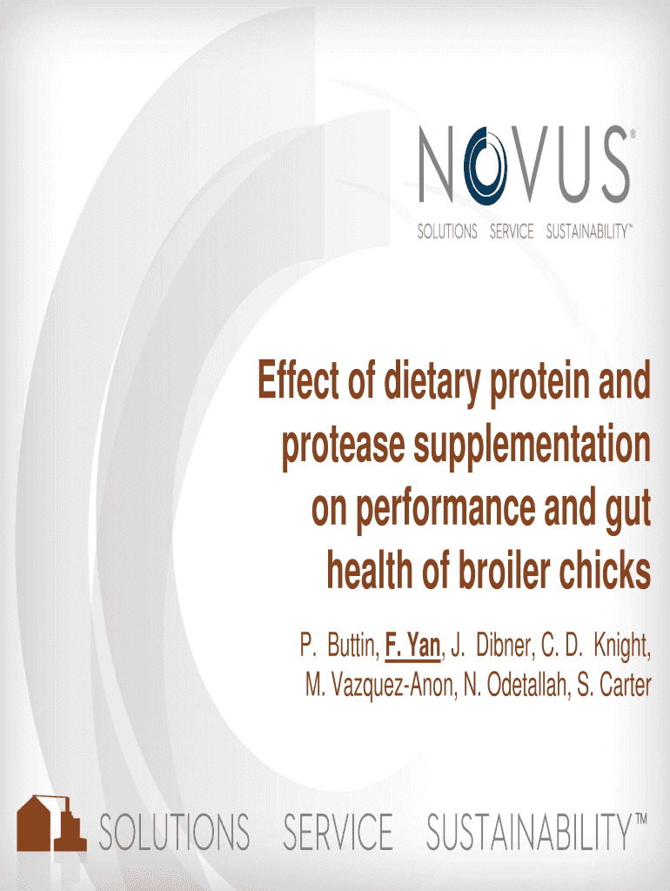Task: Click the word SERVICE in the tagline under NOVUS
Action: point(511,232)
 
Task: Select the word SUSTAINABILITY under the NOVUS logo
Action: point(586,232)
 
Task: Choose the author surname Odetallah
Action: point(517,686)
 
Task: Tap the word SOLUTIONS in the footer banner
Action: point(174,832)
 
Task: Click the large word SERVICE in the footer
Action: point(338,832)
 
